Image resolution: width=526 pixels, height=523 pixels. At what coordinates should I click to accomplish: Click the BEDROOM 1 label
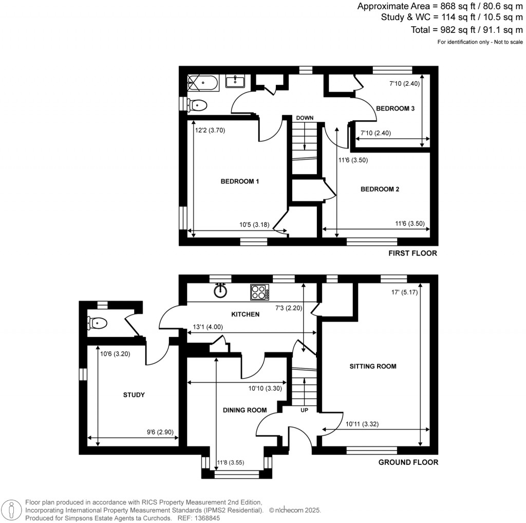(x=239, y=181)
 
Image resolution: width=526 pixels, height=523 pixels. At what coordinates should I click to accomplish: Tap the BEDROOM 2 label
(x=380, y=189)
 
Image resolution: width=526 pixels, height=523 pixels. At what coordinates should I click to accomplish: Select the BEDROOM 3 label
(x=395, y=108)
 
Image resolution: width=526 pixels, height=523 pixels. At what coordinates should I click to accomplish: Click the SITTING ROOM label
(x=373, y=366)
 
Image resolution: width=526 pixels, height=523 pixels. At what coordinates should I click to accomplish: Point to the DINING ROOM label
(x=245, y=410)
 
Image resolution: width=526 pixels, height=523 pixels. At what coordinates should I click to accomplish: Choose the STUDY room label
(x=134, y=395)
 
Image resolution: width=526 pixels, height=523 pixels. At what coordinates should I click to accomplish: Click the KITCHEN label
(x=246, y=314)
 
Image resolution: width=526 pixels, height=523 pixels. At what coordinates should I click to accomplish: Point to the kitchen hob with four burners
(x=259, y=293)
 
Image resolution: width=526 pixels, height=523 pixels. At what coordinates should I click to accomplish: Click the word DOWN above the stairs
(x=304, y=118)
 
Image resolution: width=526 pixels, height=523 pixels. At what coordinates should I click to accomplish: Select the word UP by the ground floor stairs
(x=304, y=410)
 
